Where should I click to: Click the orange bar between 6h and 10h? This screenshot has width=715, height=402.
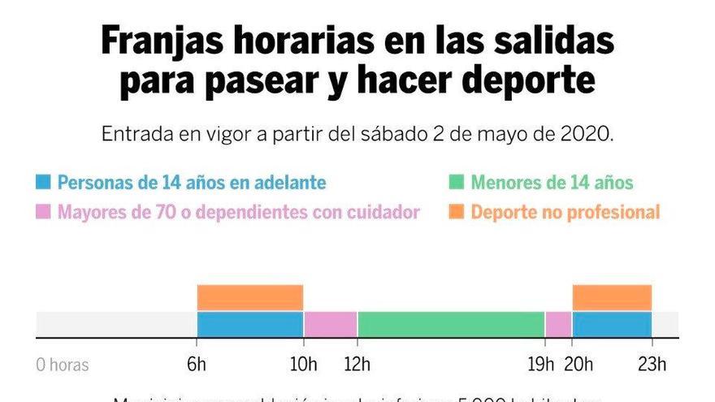tap(250, 297)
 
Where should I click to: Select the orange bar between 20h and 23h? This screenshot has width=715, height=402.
tap(612, 297)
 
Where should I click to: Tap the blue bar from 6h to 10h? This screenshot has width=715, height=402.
tap(250, 324)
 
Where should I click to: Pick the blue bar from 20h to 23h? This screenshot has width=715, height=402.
tap(612, 324)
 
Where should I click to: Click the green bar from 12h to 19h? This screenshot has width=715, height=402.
tap(451, 324)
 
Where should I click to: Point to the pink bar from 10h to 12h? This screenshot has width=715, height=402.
tap(331, 324)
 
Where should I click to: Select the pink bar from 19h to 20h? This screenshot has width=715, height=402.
tap(558, 324)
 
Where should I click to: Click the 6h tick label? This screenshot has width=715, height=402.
tap(197, 365)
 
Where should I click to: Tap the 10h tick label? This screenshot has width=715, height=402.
tap(304, 365)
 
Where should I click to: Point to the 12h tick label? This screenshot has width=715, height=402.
tap(357, 365)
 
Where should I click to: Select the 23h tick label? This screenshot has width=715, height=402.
tap(651, 365)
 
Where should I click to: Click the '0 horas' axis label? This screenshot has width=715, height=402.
tap(63, 365)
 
